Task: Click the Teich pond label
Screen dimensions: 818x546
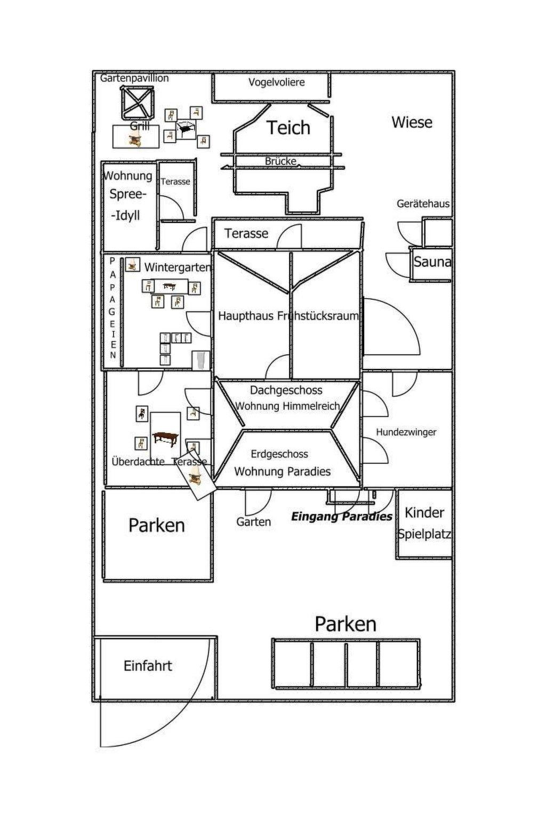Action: pyautogui.click(x=288, y=128)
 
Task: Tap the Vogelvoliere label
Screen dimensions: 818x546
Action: pyautogui.click(x=276, y=83)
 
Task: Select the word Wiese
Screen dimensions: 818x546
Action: pyautogui.click(x=412, y=122)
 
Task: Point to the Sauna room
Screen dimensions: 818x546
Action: pyautogui.click(x=432, y=262)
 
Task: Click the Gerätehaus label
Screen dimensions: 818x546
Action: pyautogui.click(x=423, y=203)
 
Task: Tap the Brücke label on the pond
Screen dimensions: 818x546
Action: pyautogui.click(x=280, y=161)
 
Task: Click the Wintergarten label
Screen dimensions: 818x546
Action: pyautogui.click(x=177, y=267)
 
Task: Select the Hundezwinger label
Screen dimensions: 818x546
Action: pyautogui.click(x=406, y=432)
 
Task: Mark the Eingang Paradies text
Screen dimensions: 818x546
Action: pyautogui.click(x=341, y=516)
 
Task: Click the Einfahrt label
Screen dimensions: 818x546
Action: pyautogui.click(x=148, y=666)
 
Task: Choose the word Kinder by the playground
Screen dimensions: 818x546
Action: pyautogui.click(x=424, y=513)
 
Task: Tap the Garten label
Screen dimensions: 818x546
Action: pyautogui.click(x=253, y=522)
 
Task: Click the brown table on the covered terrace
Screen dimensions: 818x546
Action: pyautogui.click(x=166, y=438)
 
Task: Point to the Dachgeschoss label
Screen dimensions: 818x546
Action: pyautogui.click(x=286, y=390)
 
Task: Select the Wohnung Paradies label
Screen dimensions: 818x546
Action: pyautogui.click(x=282, y=471)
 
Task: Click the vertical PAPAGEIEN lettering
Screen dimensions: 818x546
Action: pyautogui.click(x=113, y=309)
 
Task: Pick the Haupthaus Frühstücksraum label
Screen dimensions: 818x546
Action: pyautogui.click(x=288, y=316)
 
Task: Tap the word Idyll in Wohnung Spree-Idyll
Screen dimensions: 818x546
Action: pyautogui.click(x=126, y=216)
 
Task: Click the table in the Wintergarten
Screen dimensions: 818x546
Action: pyautogui.click(x=169, y=287)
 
